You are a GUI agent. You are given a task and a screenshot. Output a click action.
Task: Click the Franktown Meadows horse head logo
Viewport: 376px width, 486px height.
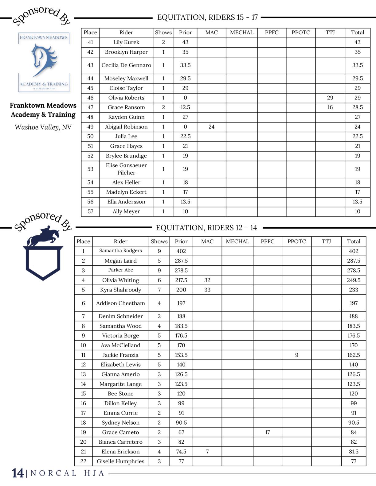[x=43, y=60]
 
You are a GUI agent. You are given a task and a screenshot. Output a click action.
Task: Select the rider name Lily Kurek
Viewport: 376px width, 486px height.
[x=126, y=42]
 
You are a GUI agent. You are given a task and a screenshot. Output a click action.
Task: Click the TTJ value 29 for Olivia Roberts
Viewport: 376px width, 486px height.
[x=330, y=98]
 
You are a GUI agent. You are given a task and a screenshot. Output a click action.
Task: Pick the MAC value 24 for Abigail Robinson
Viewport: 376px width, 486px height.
[x=211, y=127]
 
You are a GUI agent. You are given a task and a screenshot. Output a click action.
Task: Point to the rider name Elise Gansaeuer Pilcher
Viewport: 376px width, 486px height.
[x=126, y=169]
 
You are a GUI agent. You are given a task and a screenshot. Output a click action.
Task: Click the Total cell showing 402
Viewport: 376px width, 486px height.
[x=353, y=251]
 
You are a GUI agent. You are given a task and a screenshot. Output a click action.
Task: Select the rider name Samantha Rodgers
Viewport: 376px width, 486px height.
[x=120, y=251]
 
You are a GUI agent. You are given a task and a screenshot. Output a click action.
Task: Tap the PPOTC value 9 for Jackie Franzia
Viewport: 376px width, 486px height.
[x=296, y=355]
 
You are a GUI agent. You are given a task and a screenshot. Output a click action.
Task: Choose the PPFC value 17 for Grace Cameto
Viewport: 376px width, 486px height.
[x=267, y=432]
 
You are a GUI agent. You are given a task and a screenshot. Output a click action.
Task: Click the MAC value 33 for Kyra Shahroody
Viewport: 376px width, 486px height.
[x=207, y=290]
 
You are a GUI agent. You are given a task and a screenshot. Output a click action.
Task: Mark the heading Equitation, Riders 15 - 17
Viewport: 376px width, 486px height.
[x=207, y=17]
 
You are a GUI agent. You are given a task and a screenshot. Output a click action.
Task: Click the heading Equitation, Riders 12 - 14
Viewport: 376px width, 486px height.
[x=206, y=228]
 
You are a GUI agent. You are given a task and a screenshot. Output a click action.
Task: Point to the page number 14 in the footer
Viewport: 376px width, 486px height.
[x=18, y=473]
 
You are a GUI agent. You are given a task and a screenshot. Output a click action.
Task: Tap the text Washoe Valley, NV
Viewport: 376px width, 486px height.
[x=43, y=127]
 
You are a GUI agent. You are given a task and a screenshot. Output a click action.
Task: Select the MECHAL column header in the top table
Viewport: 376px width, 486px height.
[x=241, y=33]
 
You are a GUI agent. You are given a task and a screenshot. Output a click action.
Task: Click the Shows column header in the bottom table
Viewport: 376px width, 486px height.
[x=159, y=241]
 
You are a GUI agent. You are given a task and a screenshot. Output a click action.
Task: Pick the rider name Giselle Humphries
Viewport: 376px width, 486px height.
[x=120, y=461]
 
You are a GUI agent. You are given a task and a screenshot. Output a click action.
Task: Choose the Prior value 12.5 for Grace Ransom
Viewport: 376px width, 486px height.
[x=185, y=107]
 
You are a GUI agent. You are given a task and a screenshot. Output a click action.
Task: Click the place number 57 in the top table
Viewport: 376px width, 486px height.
[x=90, y=211]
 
